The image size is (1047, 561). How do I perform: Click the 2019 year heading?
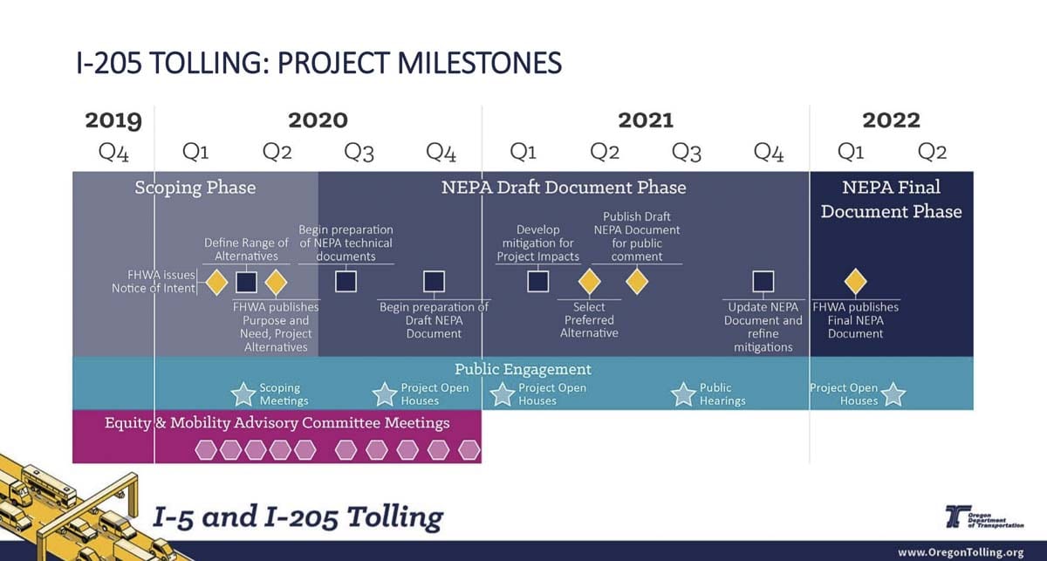(113, 120)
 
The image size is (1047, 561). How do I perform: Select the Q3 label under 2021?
(687, 152)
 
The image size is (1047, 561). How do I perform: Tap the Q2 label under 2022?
(932, 152)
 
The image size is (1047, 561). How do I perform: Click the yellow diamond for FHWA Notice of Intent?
(216, 282)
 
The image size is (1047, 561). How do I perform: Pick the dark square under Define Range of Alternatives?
(246, 282)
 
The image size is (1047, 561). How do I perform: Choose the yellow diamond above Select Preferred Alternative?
(589, 282)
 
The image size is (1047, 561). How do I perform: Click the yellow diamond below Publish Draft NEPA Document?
(637, 282)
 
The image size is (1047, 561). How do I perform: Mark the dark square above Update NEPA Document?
(763, 282)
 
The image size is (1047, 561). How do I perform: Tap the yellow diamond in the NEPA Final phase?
(855, 282)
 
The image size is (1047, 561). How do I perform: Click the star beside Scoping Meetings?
(243, 394)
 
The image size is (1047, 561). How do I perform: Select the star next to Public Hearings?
(683, 394)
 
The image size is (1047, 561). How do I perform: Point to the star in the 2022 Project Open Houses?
(893, 394)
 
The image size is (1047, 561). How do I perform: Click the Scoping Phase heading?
(195, 188)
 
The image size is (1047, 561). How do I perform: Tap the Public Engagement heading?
(523, 369)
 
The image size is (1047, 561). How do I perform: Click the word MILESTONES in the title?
(479, 63)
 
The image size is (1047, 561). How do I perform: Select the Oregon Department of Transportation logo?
(984, 517)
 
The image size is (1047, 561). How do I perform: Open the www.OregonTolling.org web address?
(961, 552)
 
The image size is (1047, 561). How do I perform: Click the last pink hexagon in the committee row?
(469, 450)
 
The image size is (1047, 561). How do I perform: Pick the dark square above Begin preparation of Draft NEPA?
(434, 282)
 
